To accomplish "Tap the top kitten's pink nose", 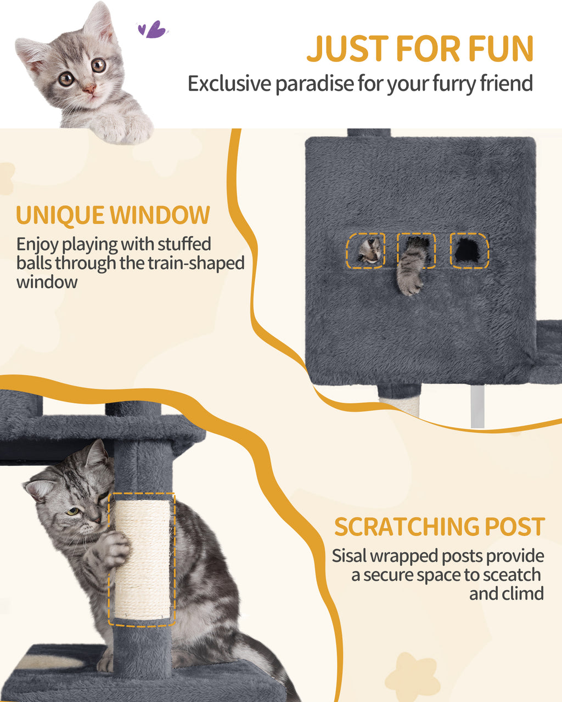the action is (x=89, y=88).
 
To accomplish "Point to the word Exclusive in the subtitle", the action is (x=229, y=83).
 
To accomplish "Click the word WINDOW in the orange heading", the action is (x=160, y=216).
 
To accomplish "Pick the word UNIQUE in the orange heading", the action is (x=60, y=216).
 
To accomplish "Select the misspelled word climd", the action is (x=522, y=593).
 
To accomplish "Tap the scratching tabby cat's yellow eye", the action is (x=72, y=512).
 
